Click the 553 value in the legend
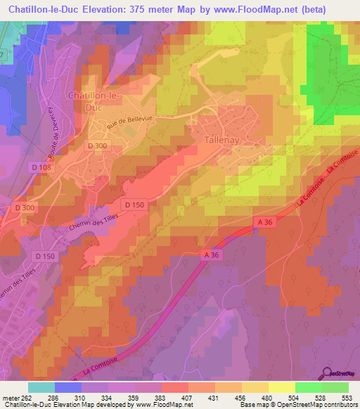pyautogui.click(x=347, y=398)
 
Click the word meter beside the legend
pyautogui.click(x=11, y=398)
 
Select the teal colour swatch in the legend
pyautogui.click(x=41, y=387)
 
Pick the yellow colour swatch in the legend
pyautogui.click(x=281, y=387)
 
